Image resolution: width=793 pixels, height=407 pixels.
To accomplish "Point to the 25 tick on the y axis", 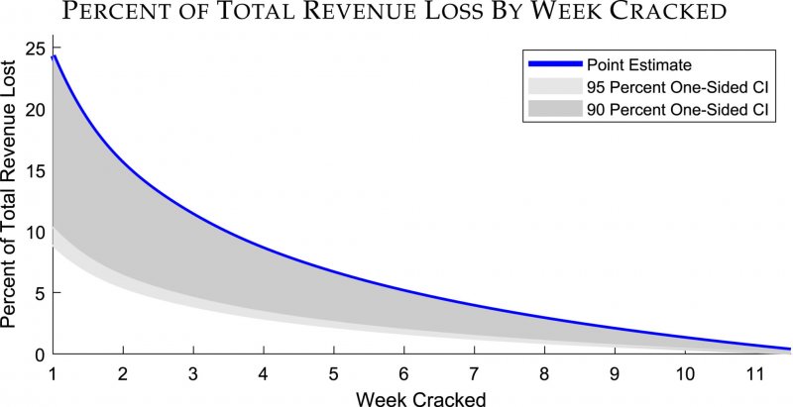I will [x=35, y=48].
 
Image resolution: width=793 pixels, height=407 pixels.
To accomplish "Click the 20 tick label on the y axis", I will [x=35, y=109].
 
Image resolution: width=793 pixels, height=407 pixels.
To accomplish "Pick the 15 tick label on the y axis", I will [x=35, y=170].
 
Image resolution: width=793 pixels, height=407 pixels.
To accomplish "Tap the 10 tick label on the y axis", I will [x=35, y=232].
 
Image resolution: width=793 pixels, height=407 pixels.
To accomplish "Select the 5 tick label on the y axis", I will [x=39, y=293].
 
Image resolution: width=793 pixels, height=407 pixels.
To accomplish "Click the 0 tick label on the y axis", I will [x=39, y=354].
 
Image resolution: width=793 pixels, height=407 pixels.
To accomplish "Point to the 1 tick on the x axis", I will [x=53, y=372].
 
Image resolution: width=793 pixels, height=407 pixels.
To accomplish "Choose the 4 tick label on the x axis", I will [x=263, y=372].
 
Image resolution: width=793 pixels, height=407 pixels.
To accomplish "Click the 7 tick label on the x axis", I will [x=474, y=372].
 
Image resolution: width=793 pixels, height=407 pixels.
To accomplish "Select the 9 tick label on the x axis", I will [x=615, y=372].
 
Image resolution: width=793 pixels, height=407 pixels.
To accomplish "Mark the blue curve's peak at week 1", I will [x=54, y=56].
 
